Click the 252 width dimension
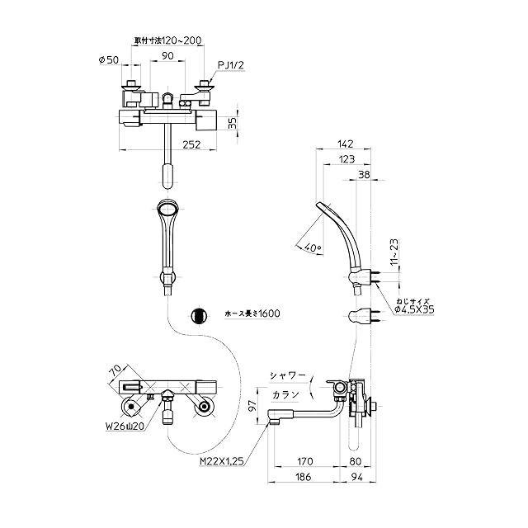pos(191,144)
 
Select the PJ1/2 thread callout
pos(231,65)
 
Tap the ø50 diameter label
pos(109,60)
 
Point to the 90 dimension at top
pos(167,55)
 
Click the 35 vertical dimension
pos(233,123)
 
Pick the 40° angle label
pos(313,247)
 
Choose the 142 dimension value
pos(346,144)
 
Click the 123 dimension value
pos(346,159)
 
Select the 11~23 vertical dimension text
pos(394,252)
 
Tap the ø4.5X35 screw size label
pos(414,309)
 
